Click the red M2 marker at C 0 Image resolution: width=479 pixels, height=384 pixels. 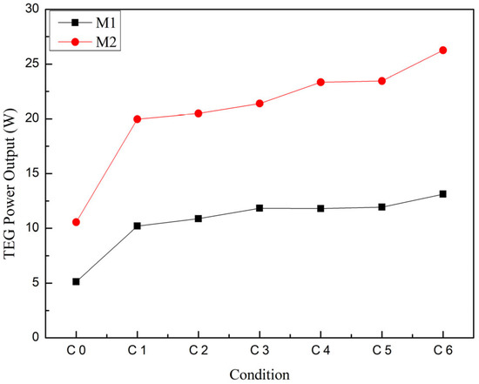pos(76,222)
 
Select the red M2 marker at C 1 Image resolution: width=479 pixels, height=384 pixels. pos(137,118)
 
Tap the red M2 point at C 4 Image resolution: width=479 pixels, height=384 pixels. pos(320,82)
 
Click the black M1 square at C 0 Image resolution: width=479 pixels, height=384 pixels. pos(76,281)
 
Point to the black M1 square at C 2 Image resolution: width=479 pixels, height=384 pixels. pos(198,219)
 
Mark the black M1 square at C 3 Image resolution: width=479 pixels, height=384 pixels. pos(260,208)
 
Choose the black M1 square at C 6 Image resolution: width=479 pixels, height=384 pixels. pos(442,193)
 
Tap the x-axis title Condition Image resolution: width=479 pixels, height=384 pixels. pos(259,373)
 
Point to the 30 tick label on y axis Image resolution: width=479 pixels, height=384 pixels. pos(36,9)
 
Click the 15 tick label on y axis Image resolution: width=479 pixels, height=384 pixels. pos(36,173)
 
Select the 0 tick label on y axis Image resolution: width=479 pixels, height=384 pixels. pos(39,337)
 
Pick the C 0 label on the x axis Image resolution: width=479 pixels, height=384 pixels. pos(76,350)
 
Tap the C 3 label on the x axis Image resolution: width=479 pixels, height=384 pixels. pos(260,350)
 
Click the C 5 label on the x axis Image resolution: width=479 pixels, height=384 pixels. pos(381,350)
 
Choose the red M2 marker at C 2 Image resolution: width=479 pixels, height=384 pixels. pos(198,113)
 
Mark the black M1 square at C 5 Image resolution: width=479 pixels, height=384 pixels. pos(381,206)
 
